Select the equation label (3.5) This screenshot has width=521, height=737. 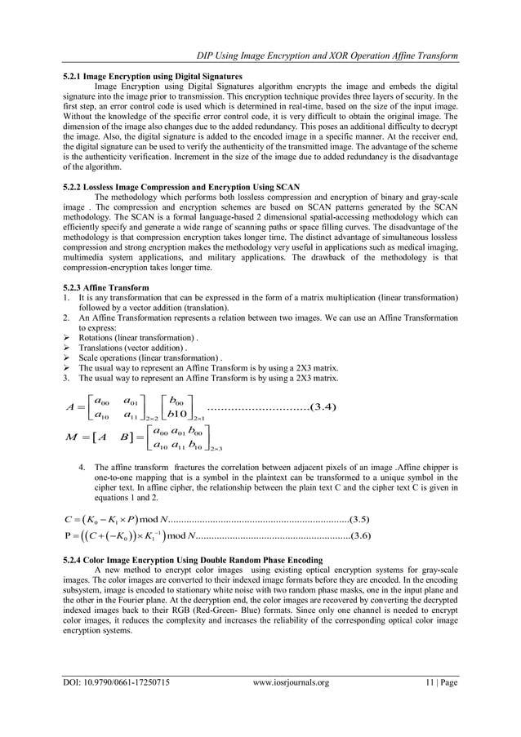click(x=361, y=517)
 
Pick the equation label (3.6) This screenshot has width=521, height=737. click(x=361, y=535)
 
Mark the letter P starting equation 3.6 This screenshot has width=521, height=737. click(x=66, y=536)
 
